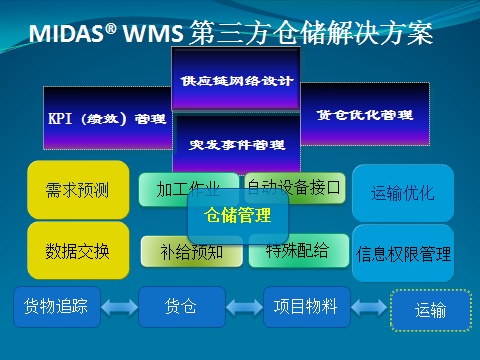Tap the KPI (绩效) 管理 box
(107, 118)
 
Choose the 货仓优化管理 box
(366, 114)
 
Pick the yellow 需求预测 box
(78, 189)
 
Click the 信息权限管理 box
(403, 253)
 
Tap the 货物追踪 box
(57, 306)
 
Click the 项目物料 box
(306, 306)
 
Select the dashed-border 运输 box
(430, 309)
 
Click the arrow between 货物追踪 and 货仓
(119, 307)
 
